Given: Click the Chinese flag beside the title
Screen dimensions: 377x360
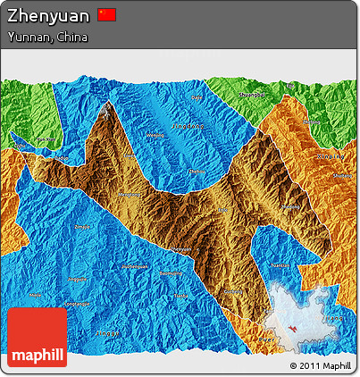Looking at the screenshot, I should [106, 14].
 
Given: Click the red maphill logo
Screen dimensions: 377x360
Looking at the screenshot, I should [37, 339].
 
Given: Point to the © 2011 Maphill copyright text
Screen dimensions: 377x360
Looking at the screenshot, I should [321, 365].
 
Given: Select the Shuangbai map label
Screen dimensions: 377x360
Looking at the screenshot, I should [253, 94].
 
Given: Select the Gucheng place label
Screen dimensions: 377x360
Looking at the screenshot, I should [235, 291].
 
